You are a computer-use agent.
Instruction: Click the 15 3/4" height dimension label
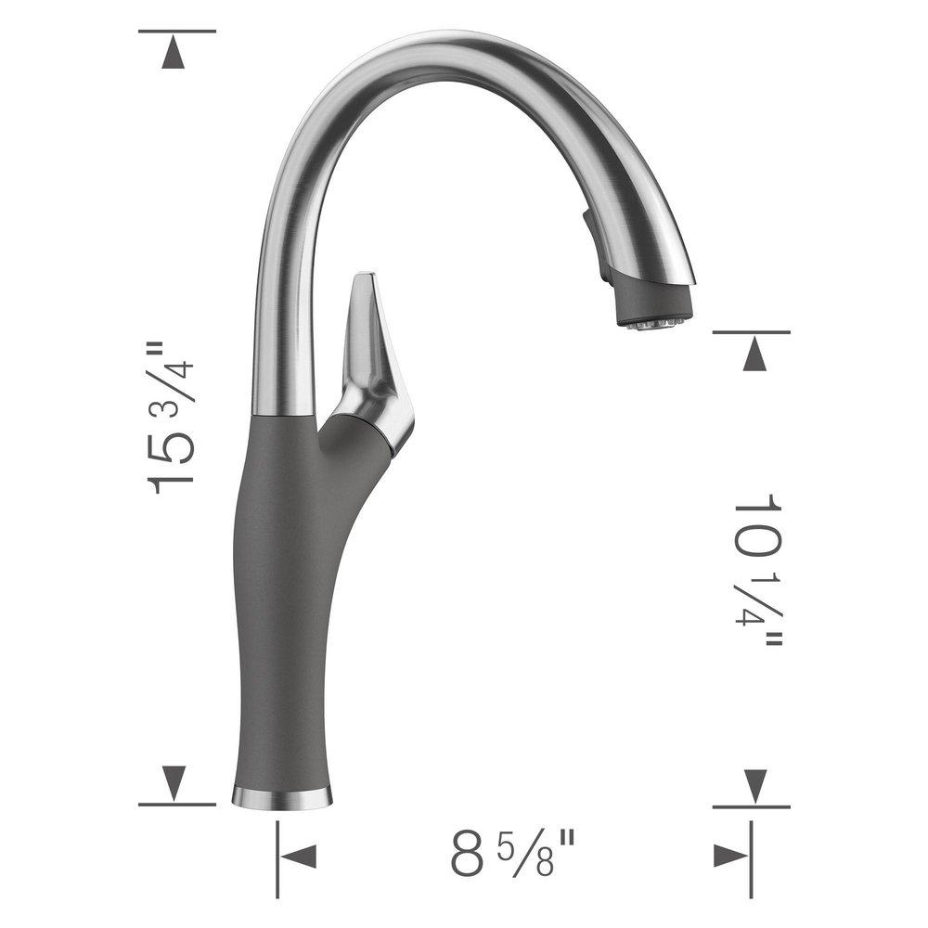point(173,418)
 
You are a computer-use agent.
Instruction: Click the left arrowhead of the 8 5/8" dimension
point(303,856)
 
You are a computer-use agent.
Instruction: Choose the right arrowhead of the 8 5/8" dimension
point(728,856)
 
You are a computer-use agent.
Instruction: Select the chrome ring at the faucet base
point(281,795)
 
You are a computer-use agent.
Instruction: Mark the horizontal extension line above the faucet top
point(176,31)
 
